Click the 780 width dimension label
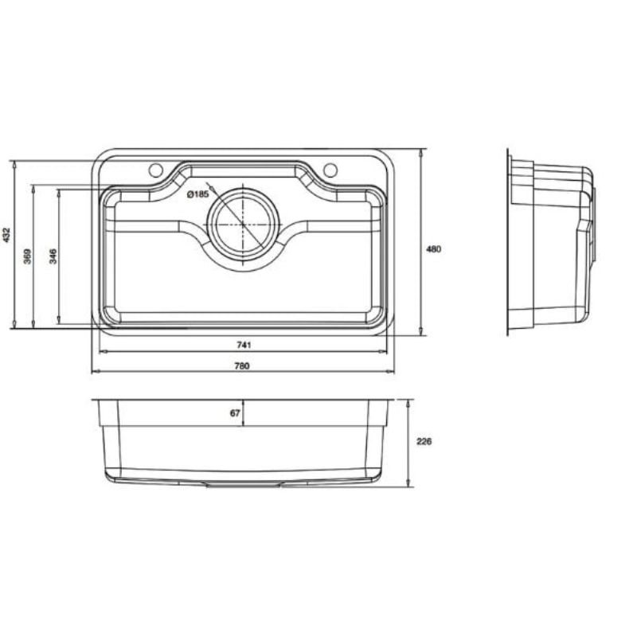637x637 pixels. pyautogui.click(x=242, y=366)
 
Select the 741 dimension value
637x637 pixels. pyautogui.click(x=244, y=345)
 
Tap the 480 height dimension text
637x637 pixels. pyautogui.click(x=433, y=249)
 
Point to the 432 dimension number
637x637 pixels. pyautogui.click(x=6, y=235)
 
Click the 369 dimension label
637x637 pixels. pyautogui.click(x=27, y=256)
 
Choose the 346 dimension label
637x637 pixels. pyautogui.click(x=53, y=256)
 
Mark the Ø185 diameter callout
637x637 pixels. pyautogui.click(x=197, y=194)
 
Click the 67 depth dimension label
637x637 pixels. pyautogui.click(x=235, y=413)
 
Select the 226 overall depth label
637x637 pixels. pyautogui.click(x=424, y=441)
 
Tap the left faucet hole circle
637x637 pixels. pyautogui.click(x=155, y=170)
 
